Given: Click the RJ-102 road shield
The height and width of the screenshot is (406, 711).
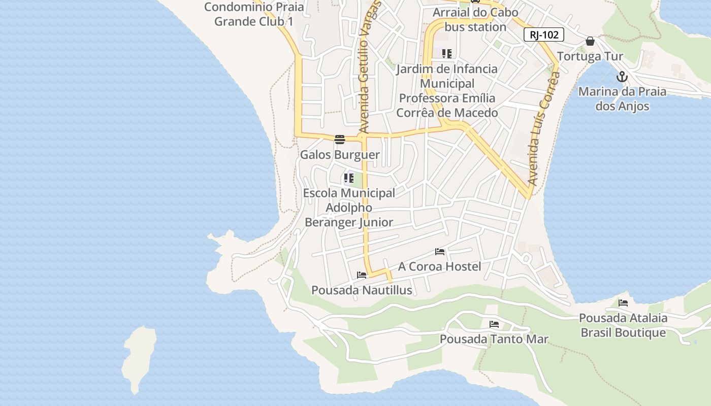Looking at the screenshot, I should click(544, 35).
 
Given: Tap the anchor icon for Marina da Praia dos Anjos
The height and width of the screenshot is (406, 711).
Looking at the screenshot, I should click(622, 77).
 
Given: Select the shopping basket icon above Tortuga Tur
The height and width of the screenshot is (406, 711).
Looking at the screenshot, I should click(590, 41).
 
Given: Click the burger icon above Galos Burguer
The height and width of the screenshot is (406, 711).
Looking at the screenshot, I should click(340, 140).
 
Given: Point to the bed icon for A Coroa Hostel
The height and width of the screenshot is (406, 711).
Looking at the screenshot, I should click(440, 252).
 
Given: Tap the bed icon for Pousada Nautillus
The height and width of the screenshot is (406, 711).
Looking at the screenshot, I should click(362, 275).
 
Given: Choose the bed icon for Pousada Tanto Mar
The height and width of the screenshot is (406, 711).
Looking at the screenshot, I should click(494, 324).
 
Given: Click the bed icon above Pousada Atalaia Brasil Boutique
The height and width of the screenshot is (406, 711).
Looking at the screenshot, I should click(623, 303).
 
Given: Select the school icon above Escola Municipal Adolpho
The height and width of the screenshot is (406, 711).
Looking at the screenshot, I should click(348, 178).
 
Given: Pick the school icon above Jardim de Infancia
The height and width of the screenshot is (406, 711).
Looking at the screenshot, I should click(447, 54).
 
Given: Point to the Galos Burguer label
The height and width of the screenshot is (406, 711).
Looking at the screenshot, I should click(340, 155).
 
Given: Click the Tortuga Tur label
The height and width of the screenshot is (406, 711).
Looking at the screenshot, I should click(590, 56).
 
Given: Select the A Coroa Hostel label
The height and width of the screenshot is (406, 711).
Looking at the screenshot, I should click(439, 266).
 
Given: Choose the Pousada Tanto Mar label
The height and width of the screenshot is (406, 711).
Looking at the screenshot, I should click(494, 339).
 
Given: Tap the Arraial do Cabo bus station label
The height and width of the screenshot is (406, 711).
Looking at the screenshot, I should click(475, 19).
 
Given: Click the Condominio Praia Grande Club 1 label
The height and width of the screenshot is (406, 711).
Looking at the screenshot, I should click(254, 14).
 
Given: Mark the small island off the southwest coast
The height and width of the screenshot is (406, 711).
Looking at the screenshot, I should click(138, 358).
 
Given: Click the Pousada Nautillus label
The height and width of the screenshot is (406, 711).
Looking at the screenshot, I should click(362, 290).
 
